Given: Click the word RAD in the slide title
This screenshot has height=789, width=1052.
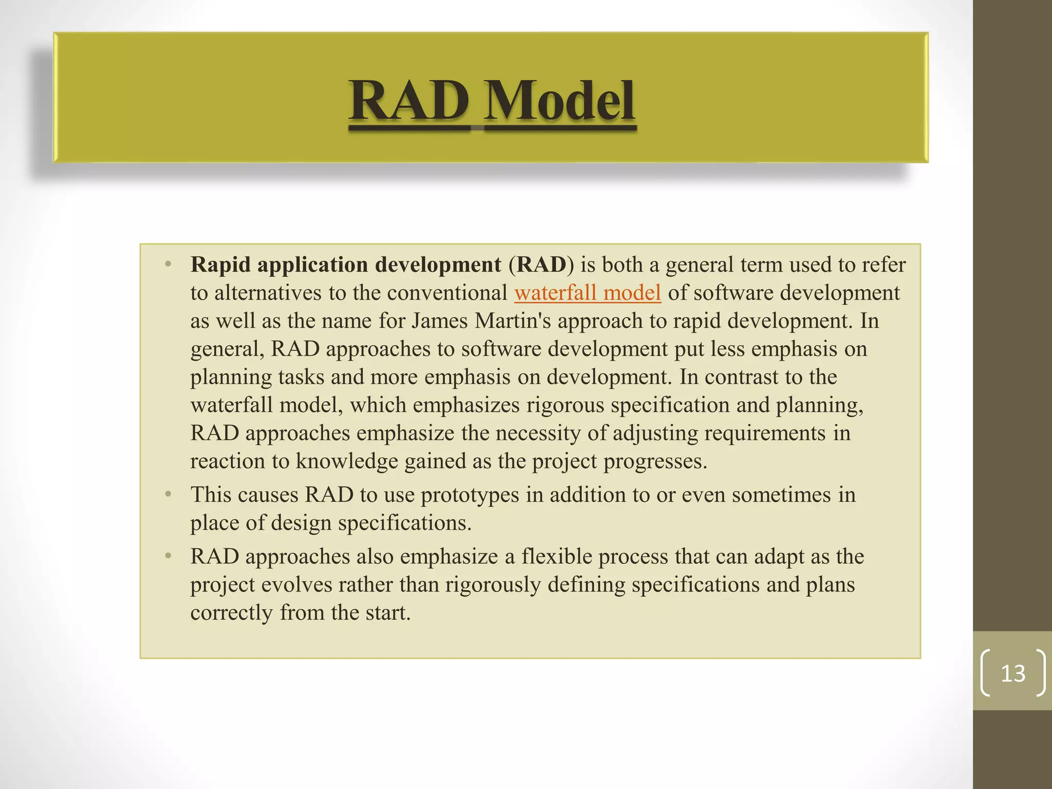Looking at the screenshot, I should point(409,101).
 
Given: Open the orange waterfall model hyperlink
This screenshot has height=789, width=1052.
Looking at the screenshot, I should point(587,293).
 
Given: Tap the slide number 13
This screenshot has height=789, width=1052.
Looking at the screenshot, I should point(1013,673).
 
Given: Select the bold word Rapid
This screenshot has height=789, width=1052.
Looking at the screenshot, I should point(221,265).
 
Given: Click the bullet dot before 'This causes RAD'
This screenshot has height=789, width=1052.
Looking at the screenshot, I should point(168,494).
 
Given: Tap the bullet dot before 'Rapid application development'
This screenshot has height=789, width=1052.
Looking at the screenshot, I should point(168,265).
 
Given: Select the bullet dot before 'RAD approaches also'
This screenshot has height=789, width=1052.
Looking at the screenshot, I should point(168,556).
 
